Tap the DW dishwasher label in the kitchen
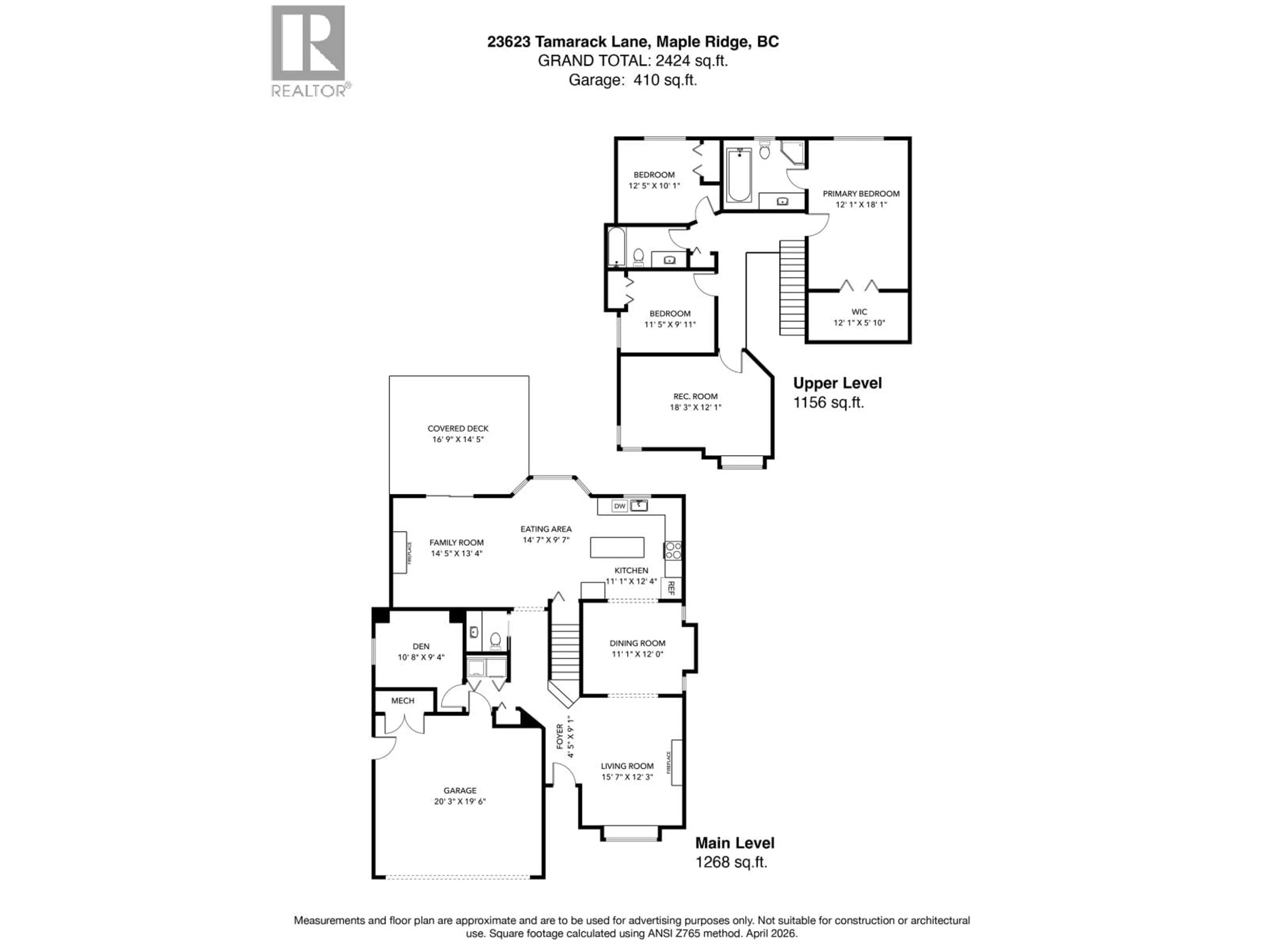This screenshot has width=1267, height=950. coord(619,506)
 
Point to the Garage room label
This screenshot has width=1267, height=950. coord(459,790)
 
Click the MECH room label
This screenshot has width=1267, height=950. coord(403,700)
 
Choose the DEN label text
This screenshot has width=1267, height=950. coord(421,646)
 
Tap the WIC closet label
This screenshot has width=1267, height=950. coord(859,311)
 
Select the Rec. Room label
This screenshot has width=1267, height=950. coord(695,396)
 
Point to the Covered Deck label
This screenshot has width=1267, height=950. coord(458,428)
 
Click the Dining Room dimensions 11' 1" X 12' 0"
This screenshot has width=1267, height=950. coord(637,654)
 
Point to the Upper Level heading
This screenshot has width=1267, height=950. coord(837,383)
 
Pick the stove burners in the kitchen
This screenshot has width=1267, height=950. coord(673,551)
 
